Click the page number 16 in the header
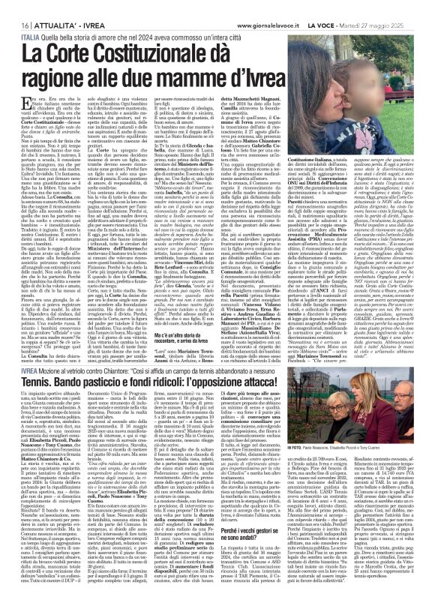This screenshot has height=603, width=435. (x=14, y=6)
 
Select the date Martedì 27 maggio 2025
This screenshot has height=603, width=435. (x=395, y=6)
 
